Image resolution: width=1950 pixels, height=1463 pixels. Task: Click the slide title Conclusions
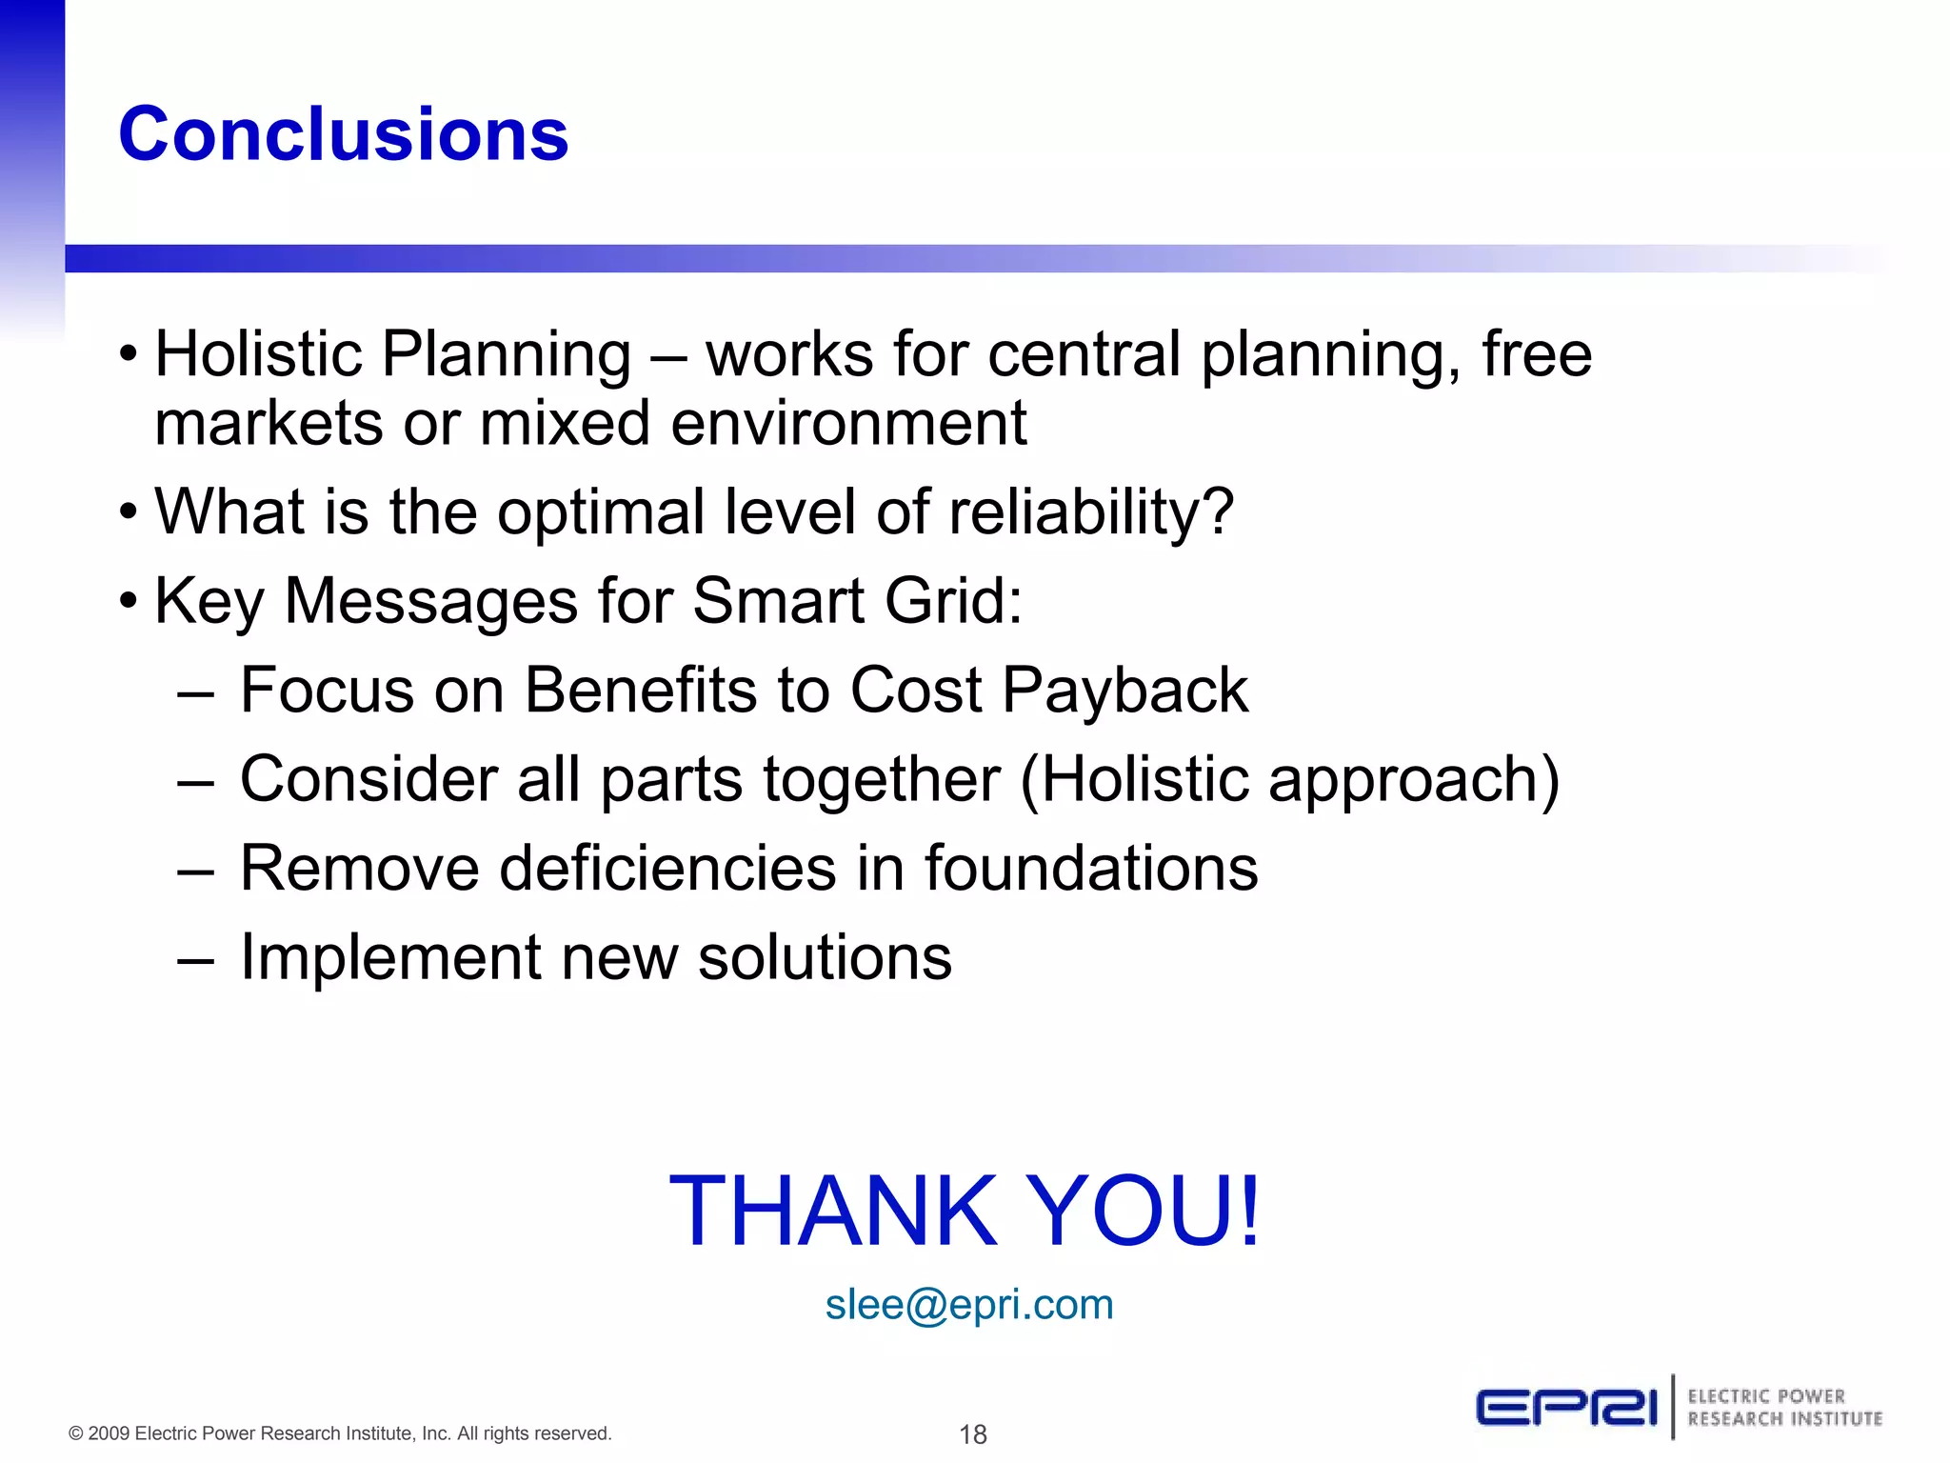(343, 134)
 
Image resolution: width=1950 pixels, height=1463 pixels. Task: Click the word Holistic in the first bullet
(258, 354)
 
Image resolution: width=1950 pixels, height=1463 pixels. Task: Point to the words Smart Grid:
(857, 601)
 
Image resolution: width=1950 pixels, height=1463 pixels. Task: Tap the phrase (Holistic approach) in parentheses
(1289, 779)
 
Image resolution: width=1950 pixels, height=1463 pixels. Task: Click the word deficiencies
(667, 868)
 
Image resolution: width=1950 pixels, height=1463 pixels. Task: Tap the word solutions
(825, 956)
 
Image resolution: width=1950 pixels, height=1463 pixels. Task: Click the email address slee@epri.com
(968, 1304)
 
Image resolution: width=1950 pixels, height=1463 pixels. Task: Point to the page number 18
(972, 1433)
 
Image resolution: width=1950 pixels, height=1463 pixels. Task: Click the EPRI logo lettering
(1566, 1407)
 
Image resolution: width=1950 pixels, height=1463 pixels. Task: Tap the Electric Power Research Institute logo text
(1784, 1407)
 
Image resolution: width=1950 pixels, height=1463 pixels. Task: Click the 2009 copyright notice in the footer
(340, 1433)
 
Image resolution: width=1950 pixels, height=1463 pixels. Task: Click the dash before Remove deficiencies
(195, 870)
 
